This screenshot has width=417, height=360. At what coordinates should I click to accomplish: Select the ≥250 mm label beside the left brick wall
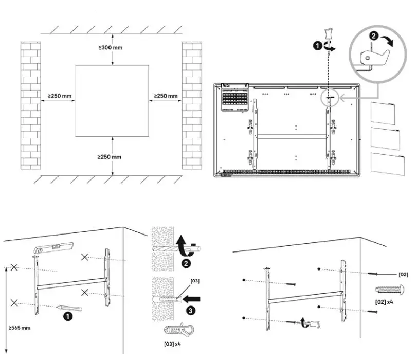(x=60, y=96)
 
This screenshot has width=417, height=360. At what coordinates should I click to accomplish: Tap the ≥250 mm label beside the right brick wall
(x=166, y=96)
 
